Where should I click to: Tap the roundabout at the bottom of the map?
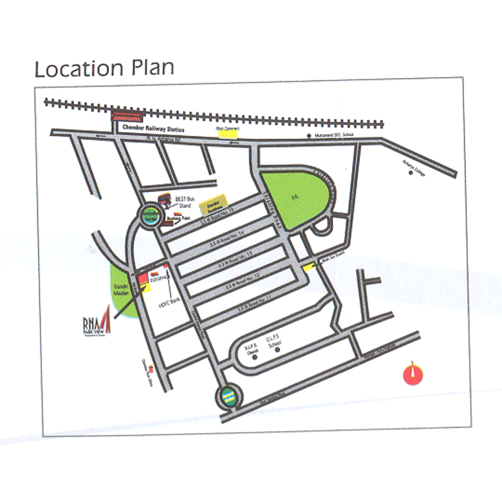coord(227,396)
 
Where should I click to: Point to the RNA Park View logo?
coord(98,326)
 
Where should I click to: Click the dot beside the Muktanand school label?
coord(309,135)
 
